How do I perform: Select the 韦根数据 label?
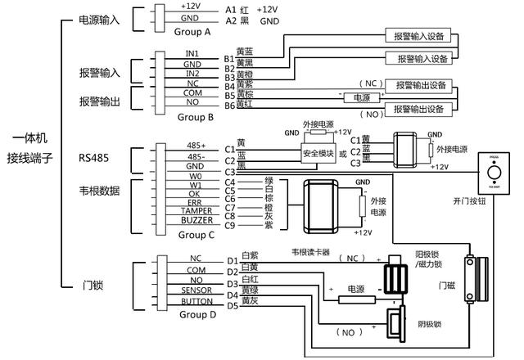tap(99, 191)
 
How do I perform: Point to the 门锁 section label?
tap(93, 286)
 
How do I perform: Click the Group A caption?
tap(194, 32)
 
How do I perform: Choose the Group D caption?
tap(197, 314)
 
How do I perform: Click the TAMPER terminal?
tap(192, 210)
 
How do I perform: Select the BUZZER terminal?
tap(192, 221)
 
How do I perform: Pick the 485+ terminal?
tap(194, 146)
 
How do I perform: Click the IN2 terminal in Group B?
tap(192, 73)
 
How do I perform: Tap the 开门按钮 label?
tap(470, 200)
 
